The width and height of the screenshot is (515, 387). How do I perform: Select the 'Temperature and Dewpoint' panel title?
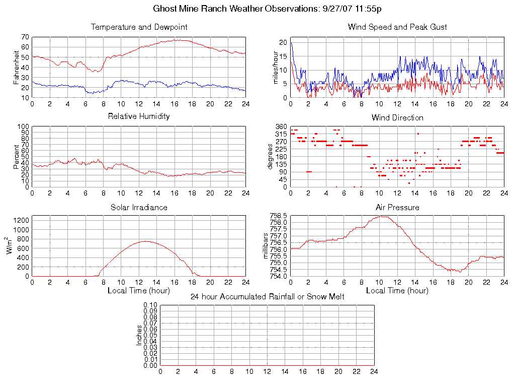click(139, 27)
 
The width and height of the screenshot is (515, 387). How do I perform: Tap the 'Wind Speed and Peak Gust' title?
click(397, 27)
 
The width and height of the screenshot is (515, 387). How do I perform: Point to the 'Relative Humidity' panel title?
click(139, 116)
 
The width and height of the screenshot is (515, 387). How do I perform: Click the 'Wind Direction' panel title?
click(397, 117)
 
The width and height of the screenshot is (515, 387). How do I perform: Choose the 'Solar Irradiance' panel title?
click(139, 207)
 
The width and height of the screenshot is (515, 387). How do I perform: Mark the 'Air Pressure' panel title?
click(397, 207)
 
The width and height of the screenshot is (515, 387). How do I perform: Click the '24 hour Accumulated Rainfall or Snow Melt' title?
click(268, 297)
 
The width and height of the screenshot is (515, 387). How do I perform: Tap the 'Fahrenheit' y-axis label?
click(16, 67)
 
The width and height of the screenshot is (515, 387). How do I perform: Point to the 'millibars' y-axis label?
click(267, 246)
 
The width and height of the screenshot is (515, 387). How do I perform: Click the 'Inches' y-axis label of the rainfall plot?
click(139, 335)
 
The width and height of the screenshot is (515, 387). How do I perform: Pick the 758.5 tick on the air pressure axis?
click(278, 216)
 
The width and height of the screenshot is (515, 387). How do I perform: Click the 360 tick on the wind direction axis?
click(281, 126)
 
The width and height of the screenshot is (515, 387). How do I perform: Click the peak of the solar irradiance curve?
click(145, 241)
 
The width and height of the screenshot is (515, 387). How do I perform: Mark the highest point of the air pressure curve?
click(383, 216)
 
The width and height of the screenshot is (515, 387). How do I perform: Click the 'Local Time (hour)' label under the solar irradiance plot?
click(139, 291)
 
